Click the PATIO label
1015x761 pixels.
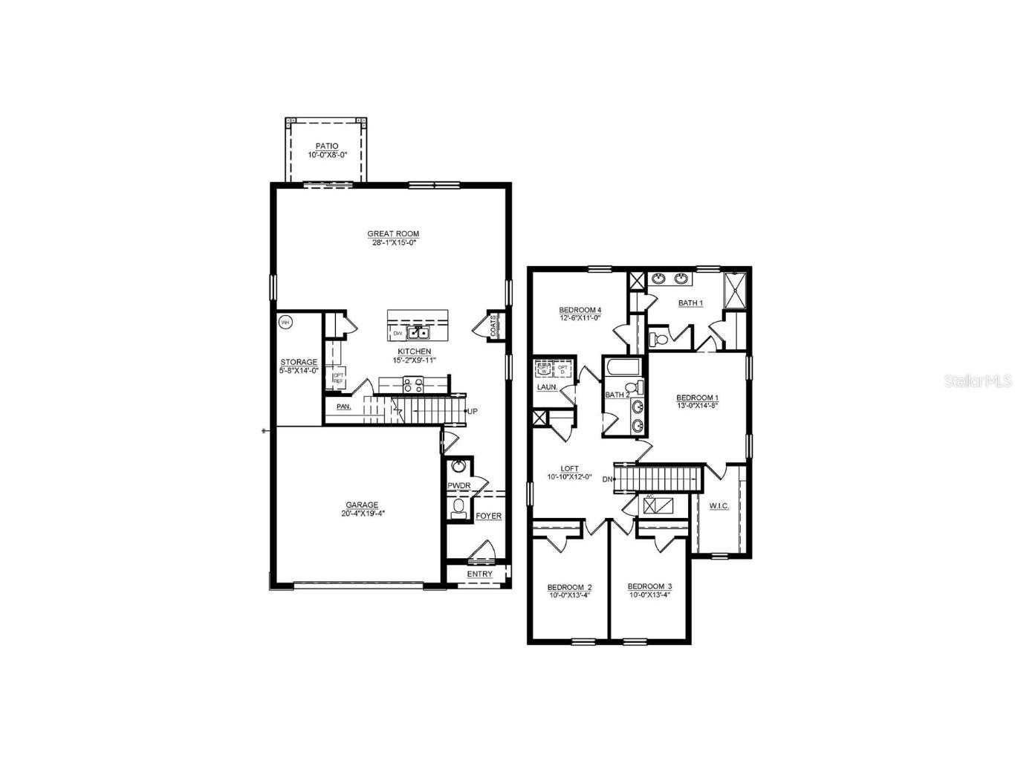(327, 146)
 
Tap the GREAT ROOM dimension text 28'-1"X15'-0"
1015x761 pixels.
(392, 243)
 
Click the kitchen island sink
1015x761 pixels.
(418, 333)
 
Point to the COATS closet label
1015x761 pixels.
(493, 326)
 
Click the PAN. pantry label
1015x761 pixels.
(343, 407)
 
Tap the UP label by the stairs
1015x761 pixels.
(472, 411)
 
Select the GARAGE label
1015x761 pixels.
(362, 505)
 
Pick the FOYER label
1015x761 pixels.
(488, 516)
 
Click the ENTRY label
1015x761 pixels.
(479, 574)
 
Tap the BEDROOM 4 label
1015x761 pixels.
(580, 310)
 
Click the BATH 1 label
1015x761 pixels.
(690, 302)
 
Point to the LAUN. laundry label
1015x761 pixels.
(548, 387)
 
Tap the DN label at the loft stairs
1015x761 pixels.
(607, 479)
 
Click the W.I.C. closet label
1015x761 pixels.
(719, 506)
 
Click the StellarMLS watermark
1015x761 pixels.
(978, 380)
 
